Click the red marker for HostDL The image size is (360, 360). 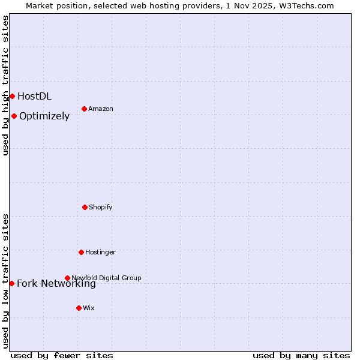tap(12, 96)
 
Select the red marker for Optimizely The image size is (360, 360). tap(14, 116)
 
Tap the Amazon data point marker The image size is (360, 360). tap(84, 109)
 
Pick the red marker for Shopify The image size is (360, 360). tap(85, 207)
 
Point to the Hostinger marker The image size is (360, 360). tap(81, 252)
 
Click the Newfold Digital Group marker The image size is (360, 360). tap(67, 278)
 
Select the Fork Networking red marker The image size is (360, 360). tap(11, 283)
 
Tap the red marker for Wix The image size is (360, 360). tap(79, 308)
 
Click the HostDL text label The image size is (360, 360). tap(34, 96)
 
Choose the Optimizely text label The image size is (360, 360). tap(44, 116)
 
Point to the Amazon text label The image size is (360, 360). tap(101, 109)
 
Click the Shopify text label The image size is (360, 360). tap(101, 207)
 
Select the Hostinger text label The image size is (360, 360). tap(100, 252)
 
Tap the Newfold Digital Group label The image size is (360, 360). tap(106, 278)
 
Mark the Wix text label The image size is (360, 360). tap(89, 308)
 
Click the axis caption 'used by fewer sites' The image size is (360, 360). tap(62, 355)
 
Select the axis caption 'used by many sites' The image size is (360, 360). tap(301, 355)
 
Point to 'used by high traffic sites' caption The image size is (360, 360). tap(5, 85)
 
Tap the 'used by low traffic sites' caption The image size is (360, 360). tap(5, 281)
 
